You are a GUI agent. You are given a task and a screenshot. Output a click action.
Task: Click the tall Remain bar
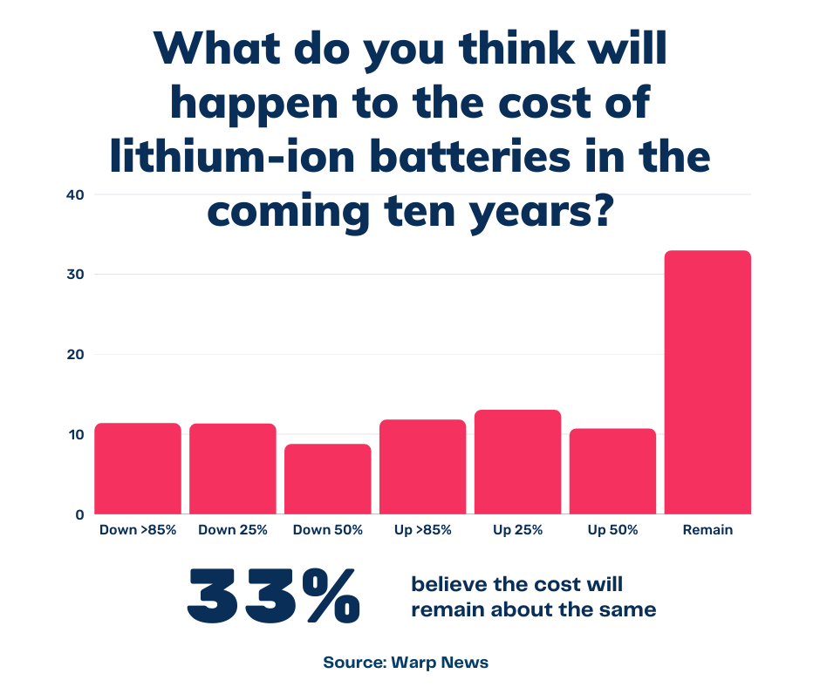[x=707, y=383]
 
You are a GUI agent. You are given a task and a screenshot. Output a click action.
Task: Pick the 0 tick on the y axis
[x=78, y=514]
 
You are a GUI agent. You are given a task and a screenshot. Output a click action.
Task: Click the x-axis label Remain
[x=707, y=530]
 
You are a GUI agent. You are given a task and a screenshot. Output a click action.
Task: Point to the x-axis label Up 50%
[x=612, y=530]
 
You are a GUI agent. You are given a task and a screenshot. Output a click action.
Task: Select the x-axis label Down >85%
[x=138, y=530]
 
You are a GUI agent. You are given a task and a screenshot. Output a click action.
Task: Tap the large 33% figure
[x=273, y=596]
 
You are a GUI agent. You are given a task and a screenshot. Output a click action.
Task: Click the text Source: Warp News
[x=406, y=662]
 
